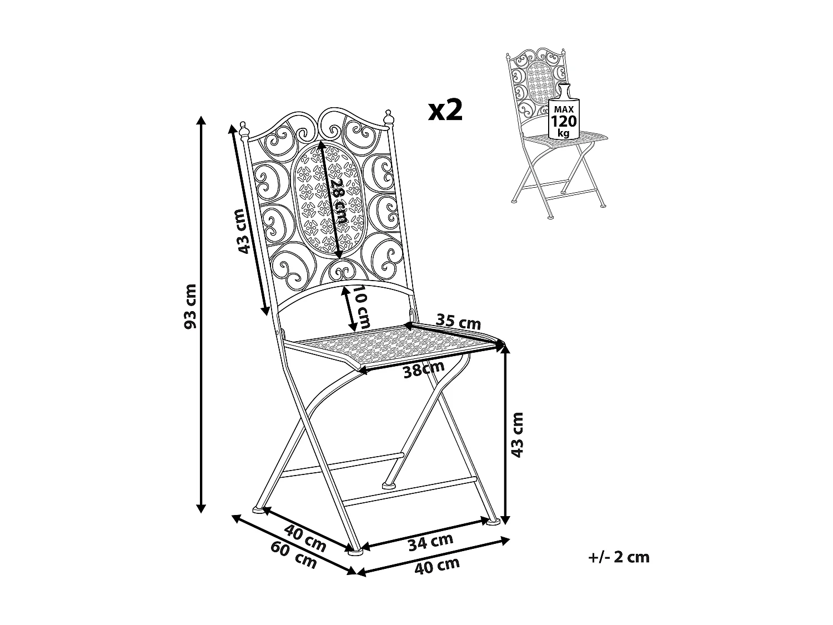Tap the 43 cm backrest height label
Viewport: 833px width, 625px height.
point(240,231)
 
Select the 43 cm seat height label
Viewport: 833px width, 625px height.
point(518,434)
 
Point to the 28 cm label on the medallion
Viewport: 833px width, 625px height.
point(338,201)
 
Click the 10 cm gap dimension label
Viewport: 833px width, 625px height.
point(363,307)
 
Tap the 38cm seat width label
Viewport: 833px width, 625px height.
point(424,369)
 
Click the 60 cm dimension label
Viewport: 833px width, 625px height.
point(294,554)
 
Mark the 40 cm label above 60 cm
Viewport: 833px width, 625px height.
point(304,537)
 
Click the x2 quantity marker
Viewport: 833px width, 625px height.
point(445,111)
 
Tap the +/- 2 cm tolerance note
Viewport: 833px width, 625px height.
point(619,557)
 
